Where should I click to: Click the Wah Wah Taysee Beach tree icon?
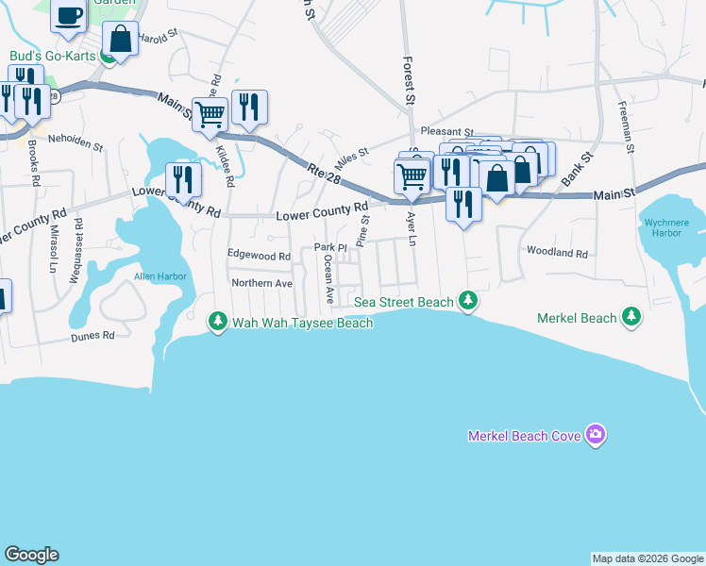pyautogui.click(x=218, y=323)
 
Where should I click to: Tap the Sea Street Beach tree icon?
pyautogui.click(x=467, y=302)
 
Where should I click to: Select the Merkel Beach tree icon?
pyautogui.click(x=631, y=318)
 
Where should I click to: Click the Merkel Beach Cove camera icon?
pyautogui.click(x=595, y=435)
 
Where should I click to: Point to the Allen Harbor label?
pyautogui.click(x=160, y=276)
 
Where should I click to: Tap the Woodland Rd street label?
pyautogui.click(x=557, y=254)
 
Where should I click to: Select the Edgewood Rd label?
pyautogui.click(x=259, y=256)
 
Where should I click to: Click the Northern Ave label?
pyautogui.click(x=262, y=283)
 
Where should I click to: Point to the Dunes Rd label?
pyautogui.click(x=95, y=335)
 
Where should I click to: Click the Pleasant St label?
pyautogui.click(x=446, y=132)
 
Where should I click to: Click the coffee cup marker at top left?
pyautogui.click(x=70, y=16)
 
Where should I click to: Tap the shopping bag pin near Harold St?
pyautogui.click(x=120, y=40)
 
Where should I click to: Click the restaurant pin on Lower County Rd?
pyautogui.click(x=182, y=178)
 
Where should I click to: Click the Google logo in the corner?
pyautogui.click(x=31, y=555)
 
